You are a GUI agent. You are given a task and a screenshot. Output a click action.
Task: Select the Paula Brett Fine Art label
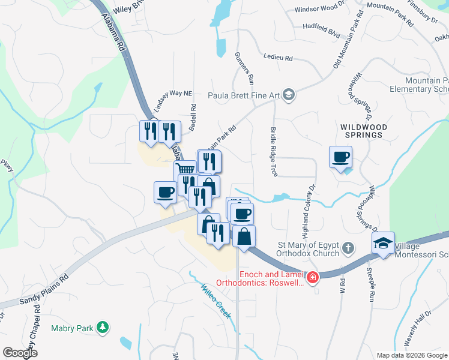click(244, 95)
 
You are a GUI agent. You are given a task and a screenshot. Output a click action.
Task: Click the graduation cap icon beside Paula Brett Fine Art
click(289, 95)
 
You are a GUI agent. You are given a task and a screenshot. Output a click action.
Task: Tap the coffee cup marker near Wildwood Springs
click(341, 158)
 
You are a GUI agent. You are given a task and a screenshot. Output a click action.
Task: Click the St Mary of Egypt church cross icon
click(347, 247)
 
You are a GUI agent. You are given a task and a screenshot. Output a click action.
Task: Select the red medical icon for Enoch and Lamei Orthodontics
click(312, 278)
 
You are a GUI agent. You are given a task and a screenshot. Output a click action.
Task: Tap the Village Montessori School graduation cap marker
click(382, 244)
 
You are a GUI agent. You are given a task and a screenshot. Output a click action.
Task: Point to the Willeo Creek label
click(216, 301)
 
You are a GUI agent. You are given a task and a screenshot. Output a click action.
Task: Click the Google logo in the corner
click(20, 352)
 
